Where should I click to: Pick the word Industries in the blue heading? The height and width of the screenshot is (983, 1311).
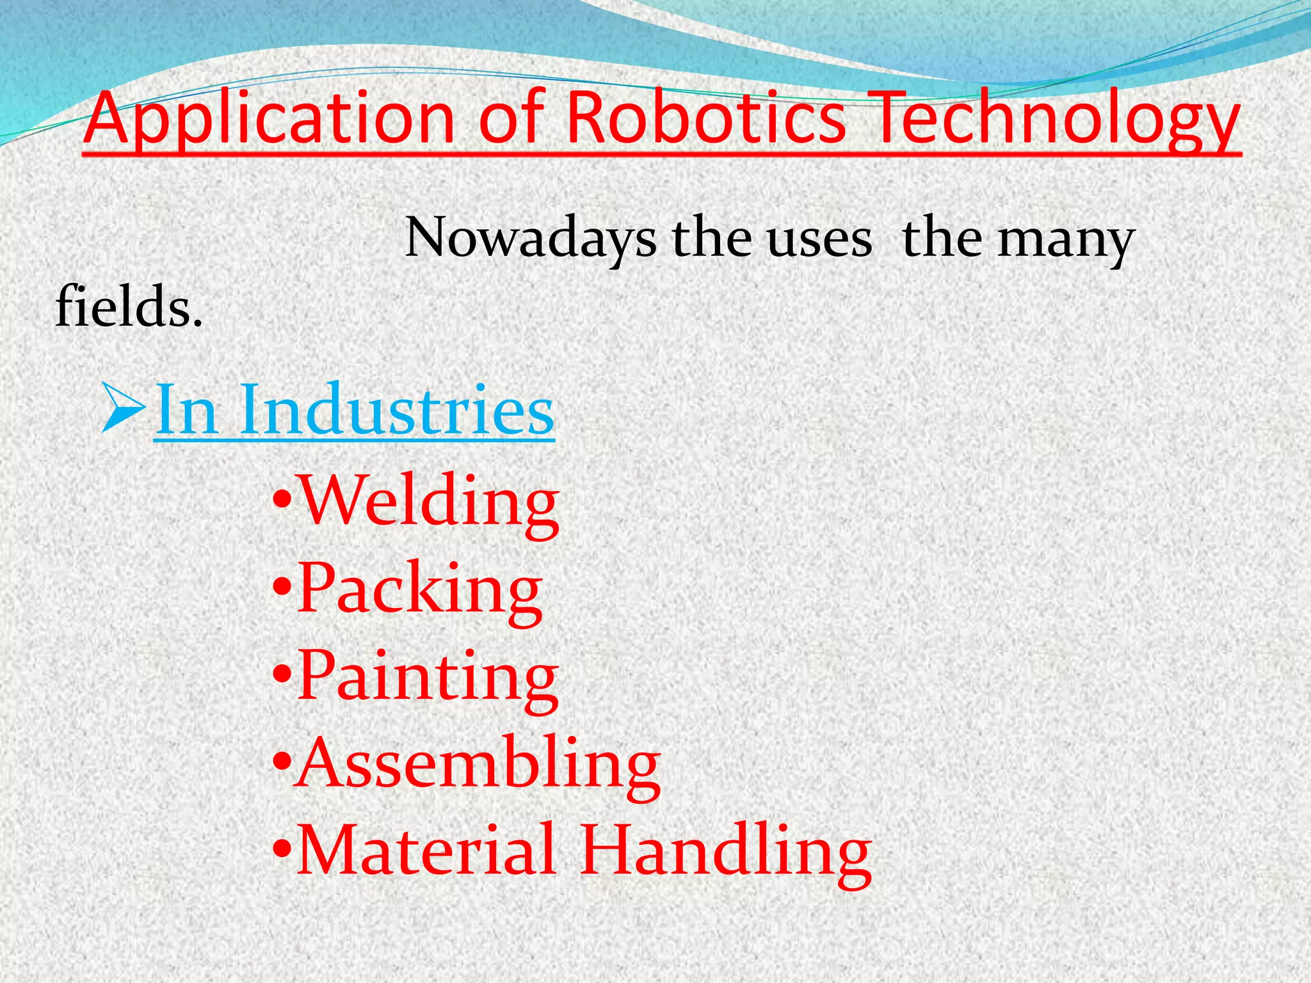(397, 410)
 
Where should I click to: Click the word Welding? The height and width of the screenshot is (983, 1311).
(430, 502)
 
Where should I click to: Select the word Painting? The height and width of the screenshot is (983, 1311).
(428, 678)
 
